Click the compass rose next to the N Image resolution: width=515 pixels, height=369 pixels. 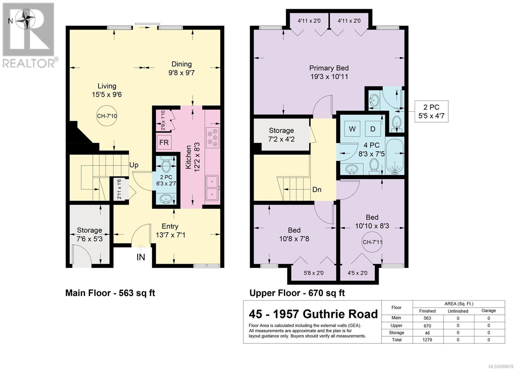tap(25, 19)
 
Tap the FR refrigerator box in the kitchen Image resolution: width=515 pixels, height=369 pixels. tap(164, 142)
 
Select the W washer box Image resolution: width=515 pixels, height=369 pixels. tap(352, 129)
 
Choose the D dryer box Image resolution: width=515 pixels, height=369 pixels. tap(373, 129)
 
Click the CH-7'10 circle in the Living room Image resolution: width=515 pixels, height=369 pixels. tap(107, 116)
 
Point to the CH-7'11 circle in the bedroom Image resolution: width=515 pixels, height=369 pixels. tap(372, 242)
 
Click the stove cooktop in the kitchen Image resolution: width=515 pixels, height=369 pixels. tap(212, 138)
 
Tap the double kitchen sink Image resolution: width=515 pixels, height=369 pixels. tap(212, 188)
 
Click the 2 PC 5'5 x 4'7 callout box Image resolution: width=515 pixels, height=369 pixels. tap(431, 111)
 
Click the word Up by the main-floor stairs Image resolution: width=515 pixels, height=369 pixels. tap(134, 165)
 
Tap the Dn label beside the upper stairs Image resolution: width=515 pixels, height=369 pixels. tap(317, 190)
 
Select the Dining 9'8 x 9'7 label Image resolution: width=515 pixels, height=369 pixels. tap(182, 68)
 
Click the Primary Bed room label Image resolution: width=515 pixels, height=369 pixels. tap(329, 72)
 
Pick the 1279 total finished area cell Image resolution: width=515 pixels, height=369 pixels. tap(427, 340)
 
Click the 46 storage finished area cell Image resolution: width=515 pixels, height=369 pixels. tap(427, 333)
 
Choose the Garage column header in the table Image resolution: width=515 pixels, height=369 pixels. tap(489, 311)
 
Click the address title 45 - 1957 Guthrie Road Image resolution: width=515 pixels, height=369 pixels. tap(313, 314)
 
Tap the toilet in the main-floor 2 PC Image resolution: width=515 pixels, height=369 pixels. tap(165, 164)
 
